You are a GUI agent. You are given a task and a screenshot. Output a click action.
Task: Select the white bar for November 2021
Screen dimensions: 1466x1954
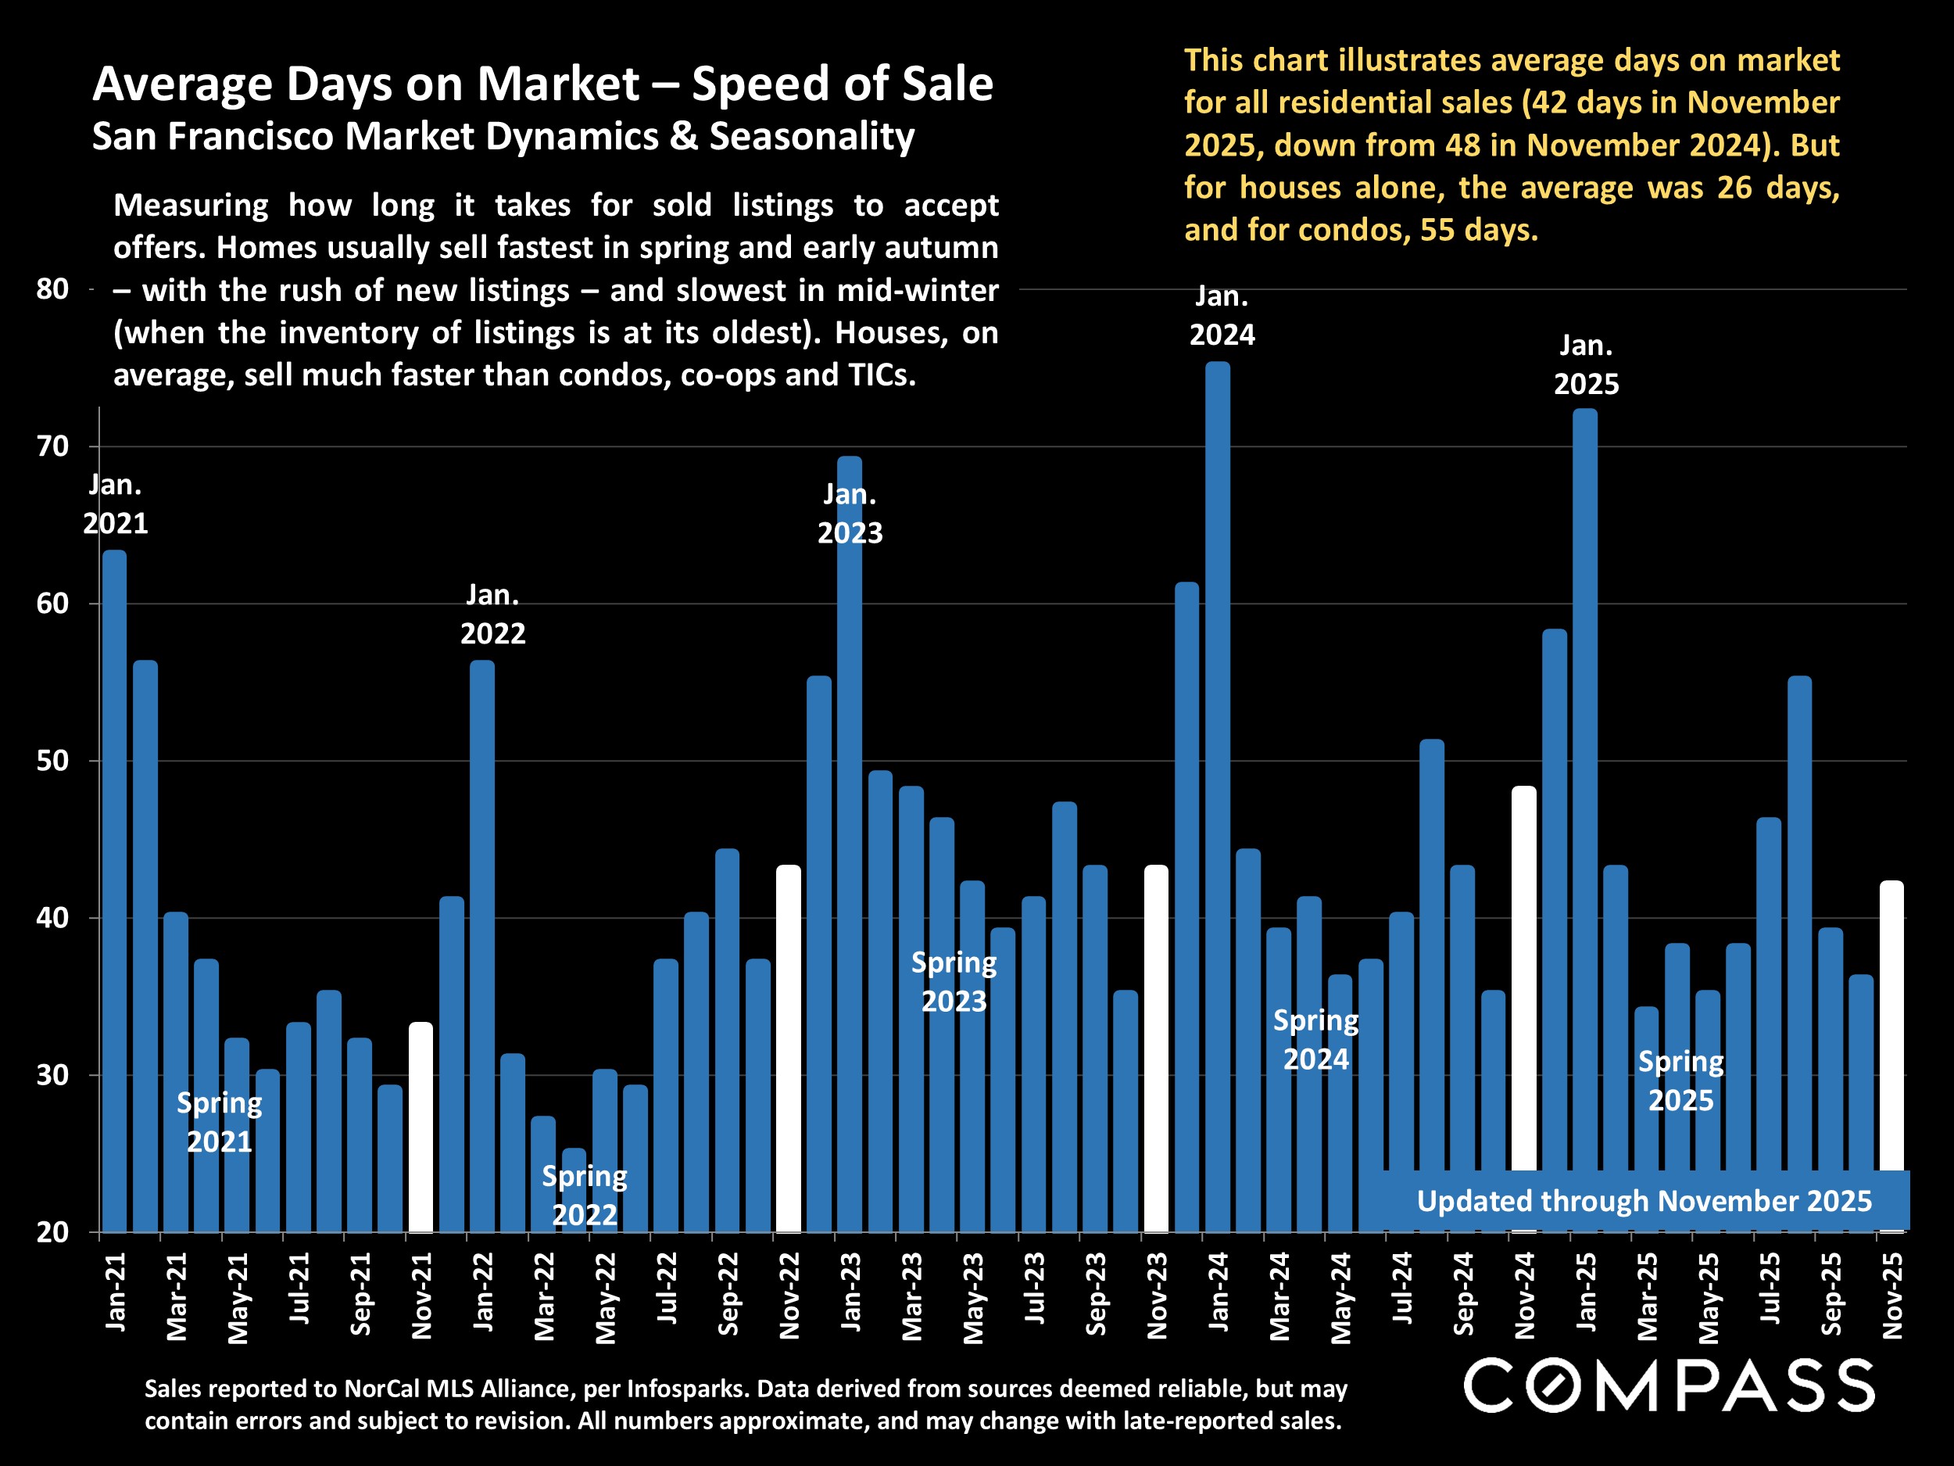(x=421, y=1127)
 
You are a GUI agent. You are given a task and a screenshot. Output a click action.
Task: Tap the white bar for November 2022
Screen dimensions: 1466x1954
(x=789, y=1048)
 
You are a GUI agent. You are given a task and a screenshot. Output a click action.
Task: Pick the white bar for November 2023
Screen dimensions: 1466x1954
(x=1156, y=1048)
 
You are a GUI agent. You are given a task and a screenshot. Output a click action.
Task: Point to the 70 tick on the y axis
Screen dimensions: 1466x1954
(x=53, y=446)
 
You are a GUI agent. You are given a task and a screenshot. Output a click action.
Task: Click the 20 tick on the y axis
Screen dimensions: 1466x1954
(x=53, y=1231)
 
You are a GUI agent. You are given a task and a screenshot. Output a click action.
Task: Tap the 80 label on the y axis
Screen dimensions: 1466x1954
(x=53, y=289)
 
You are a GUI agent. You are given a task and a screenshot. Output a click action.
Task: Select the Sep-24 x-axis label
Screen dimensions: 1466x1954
(x=1463, y=1292)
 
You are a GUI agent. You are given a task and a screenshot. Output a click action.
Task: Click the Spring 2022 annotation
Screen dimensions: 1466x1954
(x=584, y=1195)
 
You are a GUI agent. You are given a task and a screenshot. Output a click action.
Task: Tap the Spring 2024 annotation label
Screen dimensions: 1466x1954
(x=1315, y=1039)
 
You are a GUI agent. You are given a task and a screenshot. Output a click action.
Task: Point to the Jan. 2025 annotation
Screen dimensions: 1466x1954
(x=1586, y=364)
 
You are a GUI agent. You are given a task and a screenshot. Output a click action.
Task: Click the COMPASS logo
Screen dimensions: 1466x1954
(x=1669, y=1385)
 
